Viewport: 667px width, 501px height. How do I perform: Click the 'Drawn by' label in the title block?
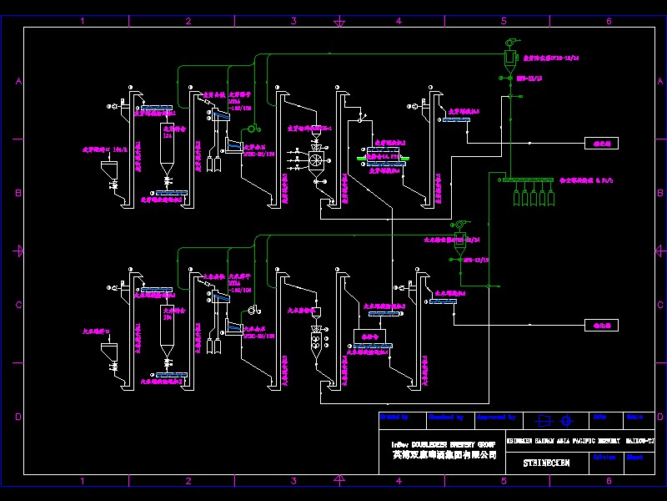[x=394, y=416]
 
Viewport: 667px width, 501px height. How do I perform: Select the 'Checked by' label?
[x=446, y=416]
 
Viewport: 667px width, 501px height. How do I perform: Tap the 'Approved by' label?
[x=498, y=416]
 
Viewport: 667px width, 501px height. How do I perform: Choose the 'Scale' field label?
[x=634, y=416]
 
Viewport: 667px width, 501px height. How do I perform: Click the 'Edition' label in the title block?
[x=604, y=458]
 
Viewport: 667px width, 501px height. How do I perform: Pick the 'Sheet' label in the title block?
[x=635, y=458]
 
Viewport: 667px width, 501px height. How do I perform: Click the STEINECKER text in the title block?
[x=546, y=462]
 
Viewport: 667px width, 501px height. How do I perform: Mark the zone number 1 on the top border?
[x=82, y=21]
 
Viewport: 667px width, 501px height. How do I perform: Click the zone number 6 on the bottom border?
[x=609, y=481]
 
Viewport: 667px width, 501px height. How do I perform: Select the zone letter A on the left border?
[x=18, y=81]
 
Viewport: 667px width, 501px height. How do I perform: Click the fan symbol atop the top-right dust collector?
[x=510, y=43]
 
